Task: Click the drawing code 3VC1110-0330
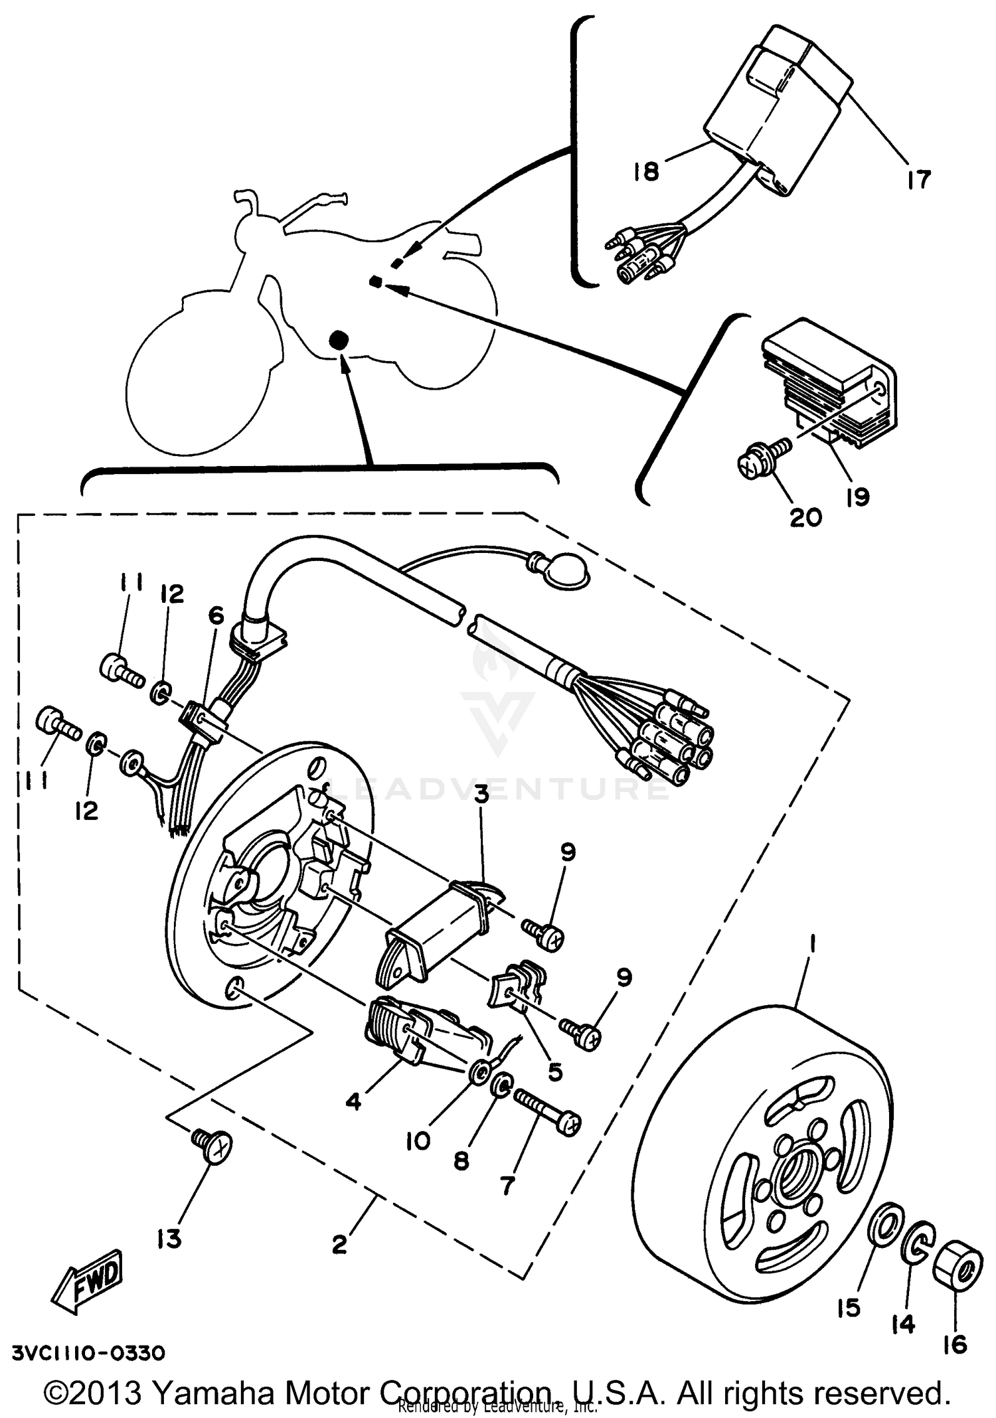tap(88, 1352)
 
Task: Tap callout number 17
tap(919, 179)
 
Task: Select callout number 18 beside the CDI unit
tap(645, 171)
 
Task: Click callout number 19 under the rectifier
tap(857, 496)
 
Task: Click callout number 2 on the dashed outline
tap(339, 1244)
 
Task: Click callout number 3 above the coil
tap(481, 794)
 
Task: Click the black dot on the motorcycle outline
tap(339, 340)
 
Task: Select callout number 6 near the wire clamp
tap(216, 615)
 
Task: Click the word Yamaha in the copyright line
tap(218, 1393)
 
